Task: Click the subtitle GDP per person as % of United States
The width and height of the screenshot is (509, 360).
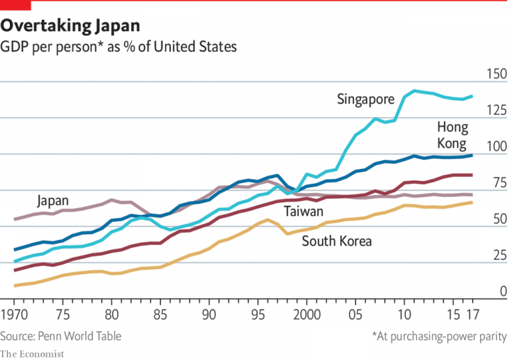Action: pos(119,48)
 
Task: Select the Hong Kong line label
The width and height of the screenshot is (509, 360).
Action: pos(452,135)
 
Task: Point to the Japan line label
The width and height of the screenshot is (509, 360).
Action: pos(53,200)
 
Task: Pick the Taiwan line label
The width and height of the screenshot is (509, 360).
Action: pos(304,211)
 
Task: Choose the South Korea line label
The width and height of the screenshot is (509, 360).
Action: pos(337,241)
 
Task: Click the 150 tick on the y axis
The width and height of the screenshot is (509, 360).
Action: pos(495,74)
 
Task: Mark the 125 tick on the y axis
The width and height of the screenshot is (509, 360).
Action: pos(495,110)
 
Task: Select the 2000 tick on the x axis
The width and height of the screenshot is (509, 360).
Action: pos(306,314)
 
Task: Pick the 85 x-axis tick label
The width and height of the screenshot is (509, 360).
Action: pos(160,314)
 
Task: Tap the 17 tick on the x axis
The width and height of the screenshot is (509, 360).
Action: pos(473,314)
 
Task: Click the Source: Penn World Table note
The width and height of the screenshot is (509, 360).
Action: pos(61,336)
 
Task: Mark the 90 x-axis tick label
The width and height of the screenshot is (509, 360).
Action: pos(209,314)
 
